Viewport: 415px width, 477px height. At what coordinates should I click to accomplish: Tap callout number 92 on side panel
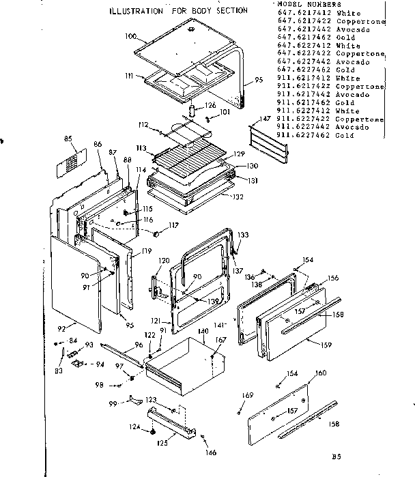click(x=62, y=329)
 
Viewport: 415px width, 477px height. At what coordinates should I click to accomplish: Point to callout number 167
click(x=220, y=339)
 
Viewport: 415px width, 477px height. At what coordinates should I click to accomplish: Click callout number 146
click(x=212, y=452)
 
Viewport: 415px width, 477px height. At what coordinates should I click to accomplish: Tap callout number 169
click(x=248, y=395)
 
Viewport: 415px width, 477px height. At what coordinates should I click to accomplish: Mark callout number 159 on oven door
click(x=326, y=345)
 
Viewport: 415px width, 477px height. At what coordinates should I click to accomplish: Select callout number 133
click(x=243, y=234)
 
